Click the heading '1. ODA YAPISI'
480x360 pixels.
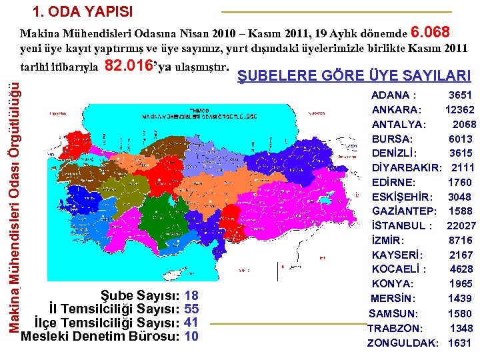click(83, 12)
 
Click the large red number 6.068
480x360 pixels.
click(432, 32)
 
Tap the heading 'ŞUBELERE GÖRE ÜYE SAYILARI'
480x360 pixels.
click(354, 76)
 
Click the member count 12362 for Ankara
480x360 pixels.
click(460, 110)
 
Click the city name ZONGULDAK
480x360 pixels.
click(403, 343)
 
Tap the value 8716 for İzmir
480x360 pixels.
click(461, 240)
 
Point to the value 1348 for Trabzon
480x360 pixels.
click(461, 328)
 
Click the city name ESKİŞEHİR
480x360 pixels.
click(402, 197)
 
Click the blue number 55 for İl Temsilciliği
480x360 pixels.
click(191, 309)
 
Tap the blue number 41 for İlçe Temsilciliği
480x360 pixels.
click(191, 322)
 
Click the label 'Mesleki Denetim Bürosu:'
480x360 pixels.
click(101, 336)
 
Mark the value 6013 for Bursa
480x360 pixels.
click(461, 139)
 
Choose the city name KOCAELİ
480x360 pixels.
click(399, 269)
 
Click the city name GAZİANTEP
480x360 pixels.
click(404, 211)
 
